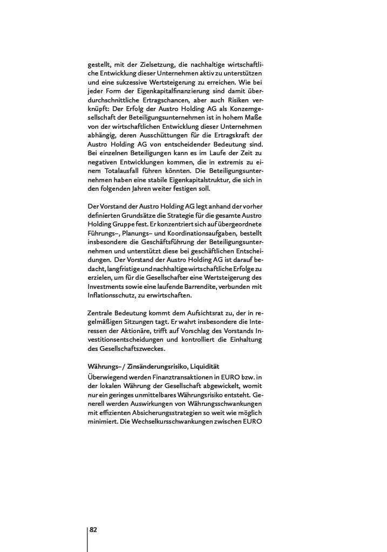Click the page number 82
93,529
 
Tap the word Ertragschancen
154,100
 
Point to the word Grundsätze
146,216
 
